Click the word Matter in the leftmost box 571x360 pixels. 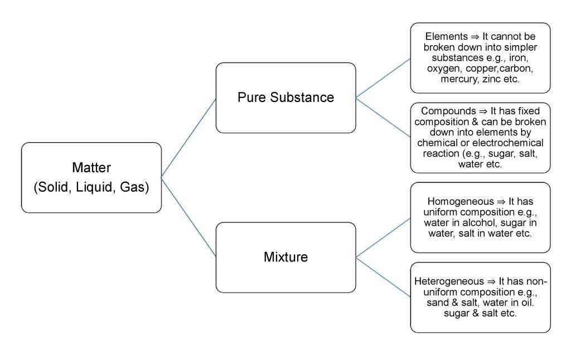(91, 167)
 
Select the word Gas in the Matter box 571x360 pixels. (134, 187)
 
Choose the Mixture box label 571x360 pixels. (285, 257)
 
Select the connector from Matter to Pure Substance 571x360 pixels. (188, 138)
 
